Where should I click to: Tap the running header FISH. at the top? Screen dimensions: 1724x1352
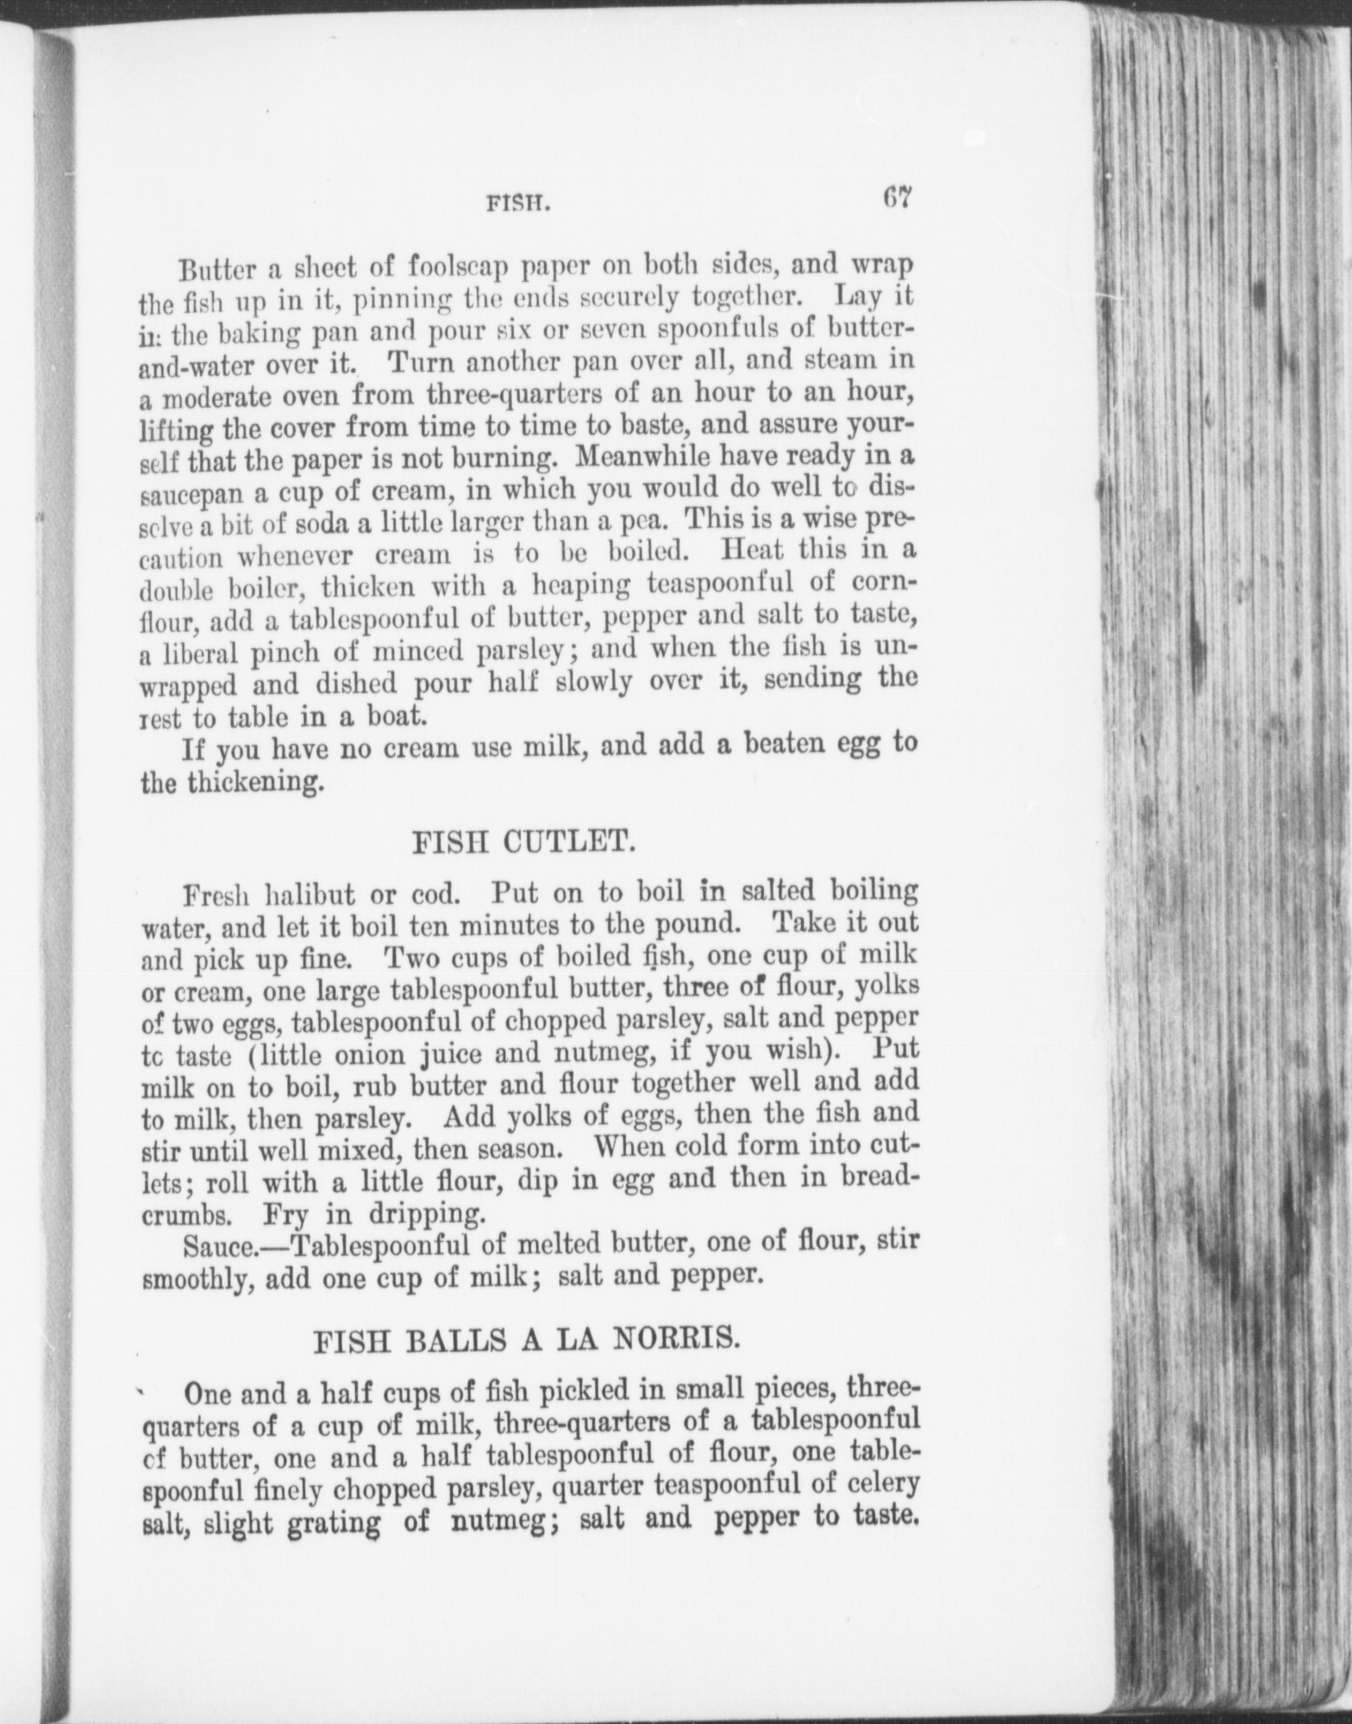(518, 205)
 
